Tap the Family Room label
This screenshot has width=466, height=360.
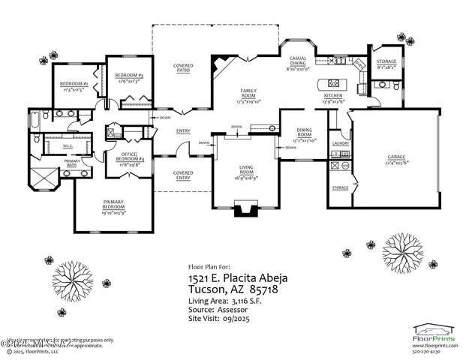point(248,94)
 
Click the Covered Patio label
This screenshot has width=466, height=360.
point(183,69)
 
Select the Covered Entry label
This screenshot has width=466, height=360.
point(183,175)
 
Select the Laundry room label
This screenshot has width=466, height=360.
point(339,142)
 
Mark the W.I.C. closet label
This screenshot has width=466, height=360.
point(67,146)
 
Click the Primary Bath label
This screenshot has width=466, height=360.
point(72,162)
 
